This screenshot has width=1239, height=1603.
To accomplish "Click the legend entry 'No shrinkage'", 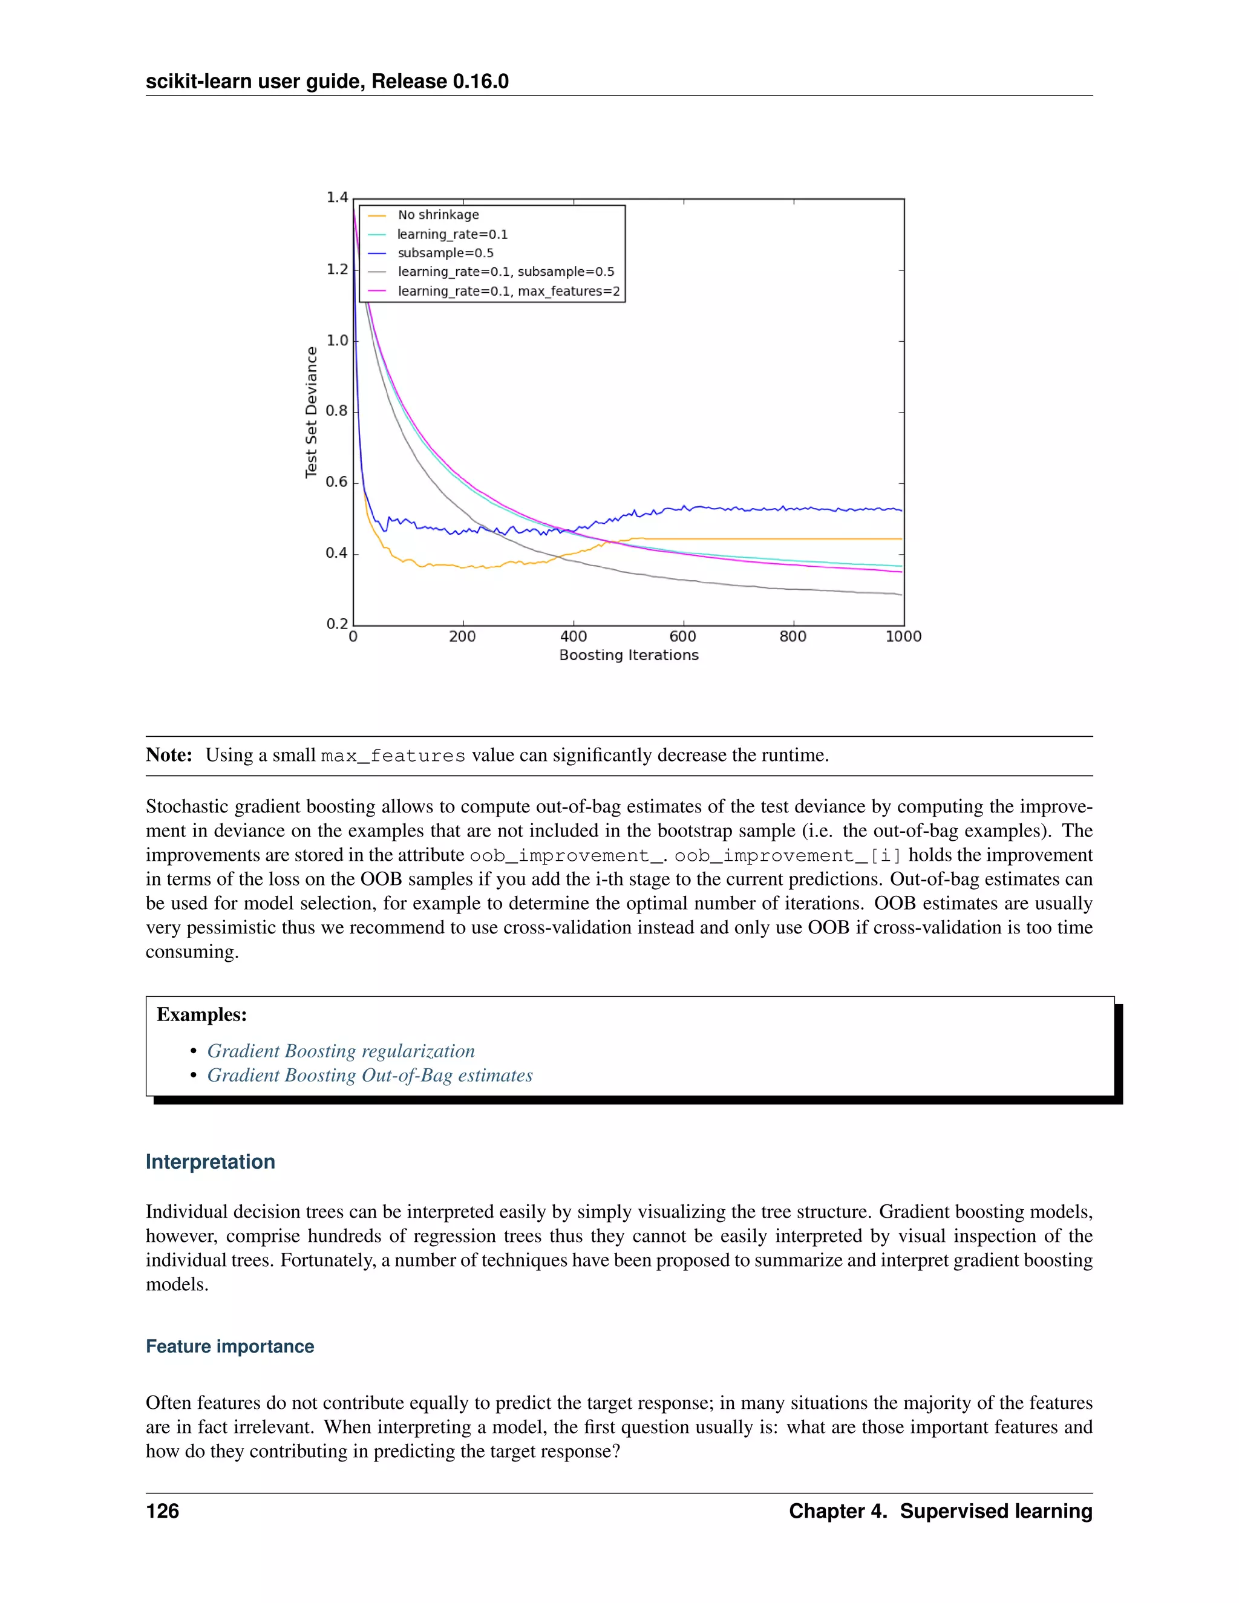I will pos(438,215).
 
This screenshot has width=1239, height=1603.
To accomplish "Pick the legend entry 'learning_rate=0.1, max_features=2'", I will pos(509,292).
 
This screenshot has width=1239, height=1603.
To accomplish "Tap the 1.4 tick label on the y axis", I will pos(337,197).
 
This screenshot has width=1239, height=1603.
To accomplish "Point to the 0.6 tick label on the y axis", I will pos(337,482).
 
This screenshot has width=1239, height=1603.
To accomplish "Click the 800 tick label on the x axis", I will pos(793,636).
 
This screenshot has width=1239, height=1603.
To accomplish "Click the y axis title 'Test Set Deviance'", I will pos(311,413).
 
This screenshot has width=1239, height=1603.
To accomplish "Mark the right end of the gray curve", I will pos(901,595).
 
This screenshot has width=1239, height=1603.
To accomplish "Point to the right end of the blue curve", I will pos(901,509).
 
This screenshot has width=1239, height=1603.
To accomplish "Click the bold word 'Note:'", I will pos(169,756).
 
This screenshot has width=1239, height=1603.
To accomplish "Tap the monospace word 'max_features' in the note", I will pos(393,756).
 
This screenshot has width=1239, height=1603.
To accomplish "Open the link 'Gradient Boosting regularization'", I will pos(341,1051).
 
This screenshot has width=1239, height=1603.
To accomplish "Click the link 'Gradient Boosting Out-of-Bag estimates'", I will pos(370,1076).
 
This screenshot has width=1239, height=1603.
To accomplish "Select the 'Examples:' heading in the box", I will pos(202,1015).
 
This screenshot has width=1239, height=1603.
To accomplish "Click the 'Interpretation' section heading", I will pos(210,1162).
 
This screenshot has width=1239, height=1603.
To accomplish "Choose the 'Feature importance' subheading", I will pos(230,1346).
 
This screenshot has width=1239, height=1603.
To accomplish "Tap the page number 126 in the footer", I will pos(162,1511).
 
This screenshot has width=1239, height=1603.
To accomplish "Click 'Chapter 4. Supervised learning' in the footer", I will pos(940,1511).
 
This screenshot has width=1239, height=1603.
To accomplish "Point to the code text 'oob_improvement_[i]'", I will pos(788,856).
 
